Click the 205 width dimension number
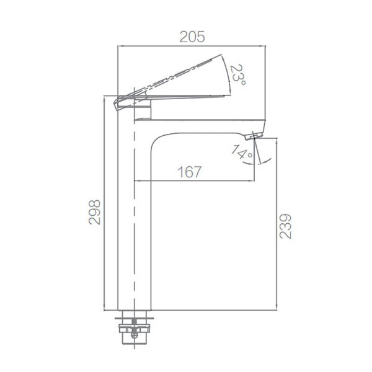(x=192, y=37)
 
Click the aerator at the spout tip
(x=254, y=135)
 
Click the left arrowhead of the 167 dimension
(x=138, y=180)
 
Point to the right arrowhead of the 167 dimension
(x=251, y=180)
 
